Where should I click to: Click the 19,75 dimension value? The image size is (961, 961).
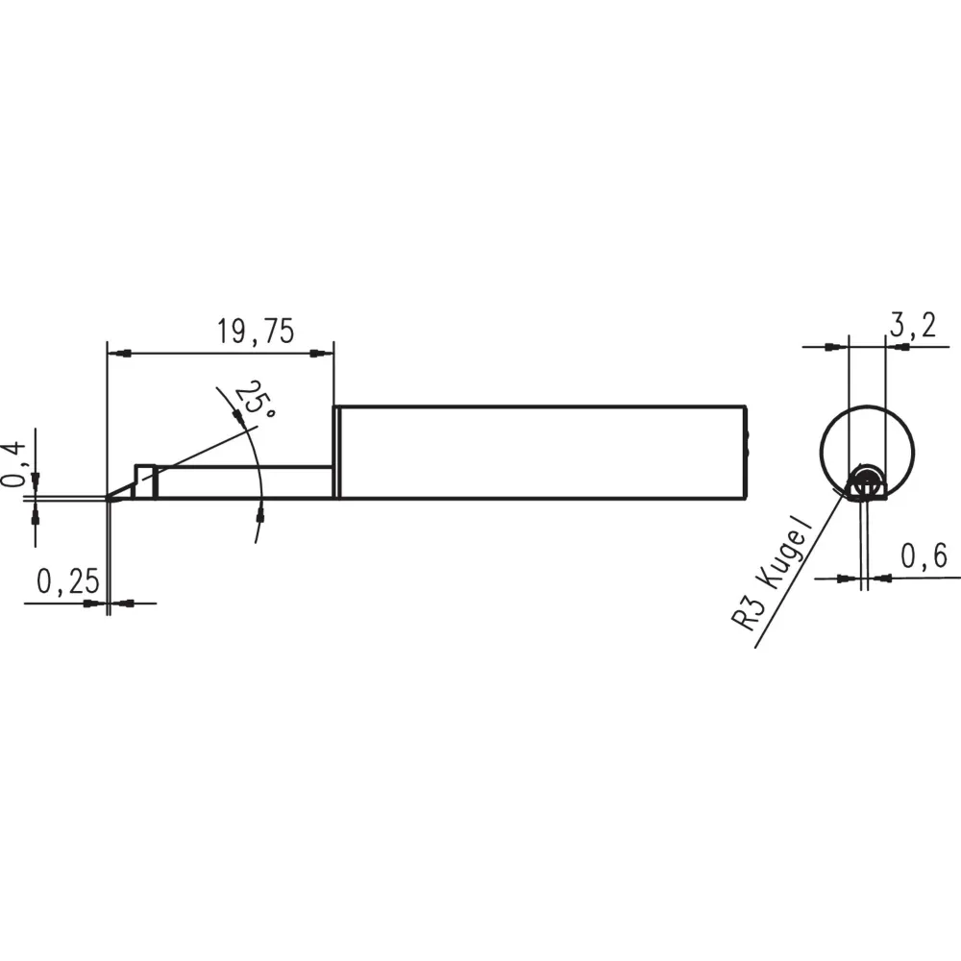click(256, 332)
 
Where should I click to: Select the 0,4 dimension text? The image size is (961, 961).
click(14, 463)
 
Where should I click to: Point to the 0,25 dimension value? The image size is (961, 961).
click(67, 581)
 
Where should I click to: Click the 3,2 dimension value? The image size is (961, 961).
click(913, 325)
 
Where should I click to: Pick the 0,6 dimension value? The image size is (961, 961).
click(924, 555)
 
